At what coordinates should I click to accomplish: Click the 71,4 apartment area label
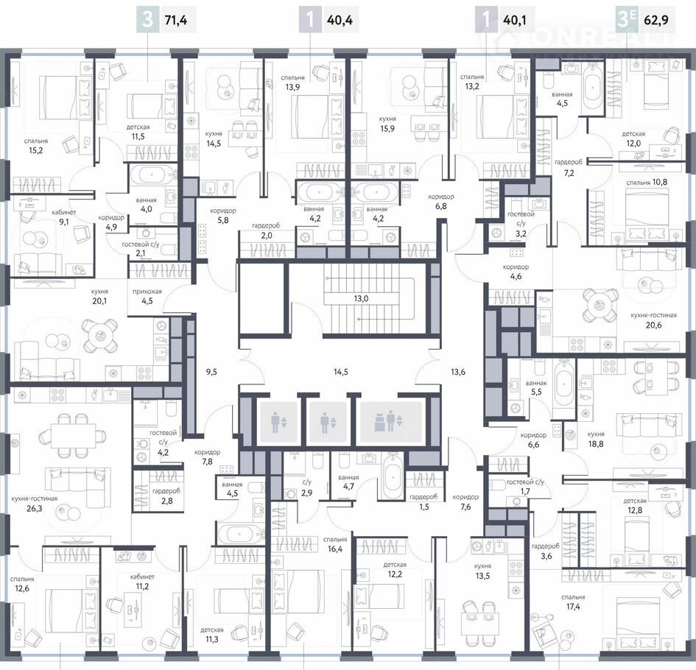coord(176,21)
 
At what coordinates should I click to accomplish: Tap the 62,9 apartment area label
coord(656,21)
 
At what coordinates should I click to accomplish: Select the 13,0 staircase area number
coord(361,299)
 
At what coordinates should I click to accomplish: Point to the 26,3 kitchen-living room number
coord(34,509)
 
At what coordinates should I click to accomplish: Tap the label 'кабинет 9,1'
coord(64,217)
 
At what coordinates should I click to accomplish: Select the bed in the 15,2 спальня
coord(66,97)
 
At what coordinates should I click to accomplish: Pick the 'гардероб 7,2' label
coord(569,168)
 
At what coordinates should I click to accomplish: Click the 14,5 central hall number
coord(341,373)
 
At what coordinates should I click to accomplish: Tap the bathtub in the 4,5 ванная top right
coord(593,88)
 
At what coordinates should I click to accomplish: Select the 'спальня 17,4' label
coord(573,602)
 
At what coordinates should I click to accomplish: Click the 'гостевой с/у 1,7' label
coord(525,487)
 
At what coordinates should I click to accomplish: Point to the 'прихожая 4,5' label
coord(147,297)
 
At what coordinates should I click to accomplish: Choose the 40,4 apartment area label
coord(340,21)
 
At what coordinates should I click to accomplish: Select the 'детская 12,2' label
coord(395,570)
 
